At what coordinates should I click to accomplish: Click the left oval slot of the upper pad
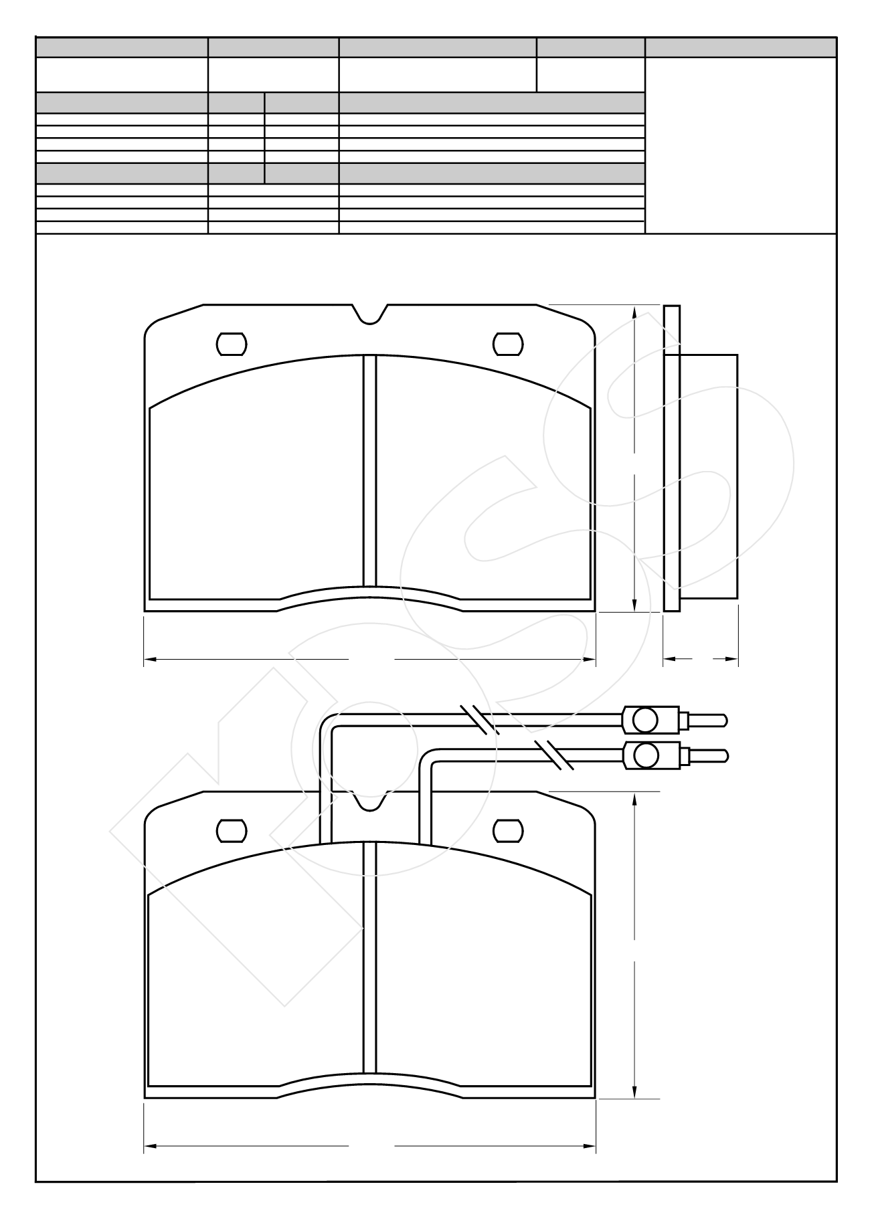point(232,344)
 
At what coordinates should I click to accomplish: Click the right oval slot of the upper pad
point(507,344)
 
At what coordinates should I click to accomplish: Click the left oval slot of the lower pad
point(232,830)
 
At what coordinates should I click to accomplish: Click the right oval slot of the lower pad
point(507,830)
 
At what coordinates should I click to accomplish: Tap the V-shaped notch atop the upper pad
point(369,316)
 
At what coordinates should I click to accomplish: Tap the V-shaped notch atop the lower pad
point(369,802)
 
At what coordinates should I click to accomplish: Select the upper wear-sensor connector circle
point(646,720)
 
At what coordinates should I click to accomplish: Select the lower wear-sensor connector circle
point(646,756)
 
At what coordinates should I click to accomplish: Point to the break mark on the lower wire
point(554,756)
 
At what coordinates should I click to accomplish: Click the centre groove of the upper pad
point(369,468)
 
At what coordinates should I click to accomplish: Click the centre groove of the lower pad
point(369,957)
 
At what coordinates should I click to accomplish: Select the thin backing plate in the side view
point(672,458)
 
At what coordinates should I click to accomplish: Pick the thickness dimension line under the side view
point(701,660)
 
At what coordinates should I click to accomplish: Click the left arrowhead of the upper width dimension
point(150,660)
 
